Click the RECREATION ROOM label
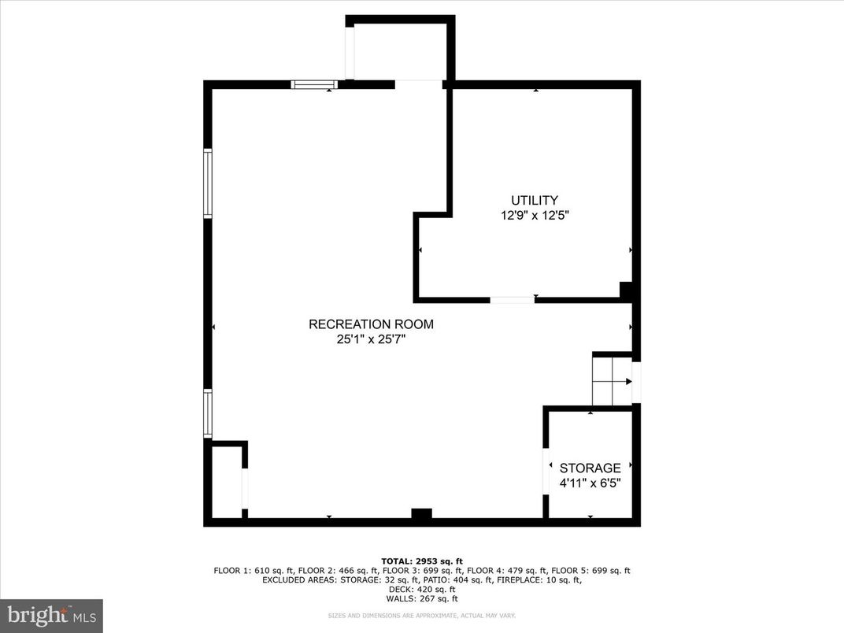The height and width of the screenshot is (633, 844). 370,324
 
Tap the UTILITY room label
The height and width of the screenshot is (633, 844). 535,200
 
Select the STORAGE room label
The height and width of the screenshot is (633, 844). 590,468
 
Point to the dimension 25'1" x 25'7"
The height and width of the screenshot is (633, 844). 370,340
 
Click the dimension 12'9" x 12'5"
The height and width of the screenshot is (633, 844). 535,216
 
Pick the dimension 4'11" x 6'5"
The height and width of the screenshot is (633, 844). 590,483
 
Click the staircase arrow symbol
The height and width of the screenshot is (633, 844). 627,381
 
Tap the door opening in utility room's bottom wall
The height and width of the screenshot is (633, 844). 512,300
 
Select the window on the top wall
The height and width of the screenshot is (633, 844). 314,84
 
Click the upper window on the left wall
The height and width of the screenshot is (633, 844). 208,183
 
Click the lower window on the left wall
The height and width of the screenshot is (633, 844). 208,413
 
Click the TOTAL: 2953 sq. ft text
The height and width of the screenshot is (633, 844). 422,561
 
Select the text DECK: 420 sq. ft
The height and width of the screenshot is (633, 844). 422,589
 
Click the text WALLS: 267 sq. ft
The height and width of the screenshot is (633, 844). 422,598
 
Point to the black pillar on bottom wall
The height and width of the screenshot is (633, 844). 422,516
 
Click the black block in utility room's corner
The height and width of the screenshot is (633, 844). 627,291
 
